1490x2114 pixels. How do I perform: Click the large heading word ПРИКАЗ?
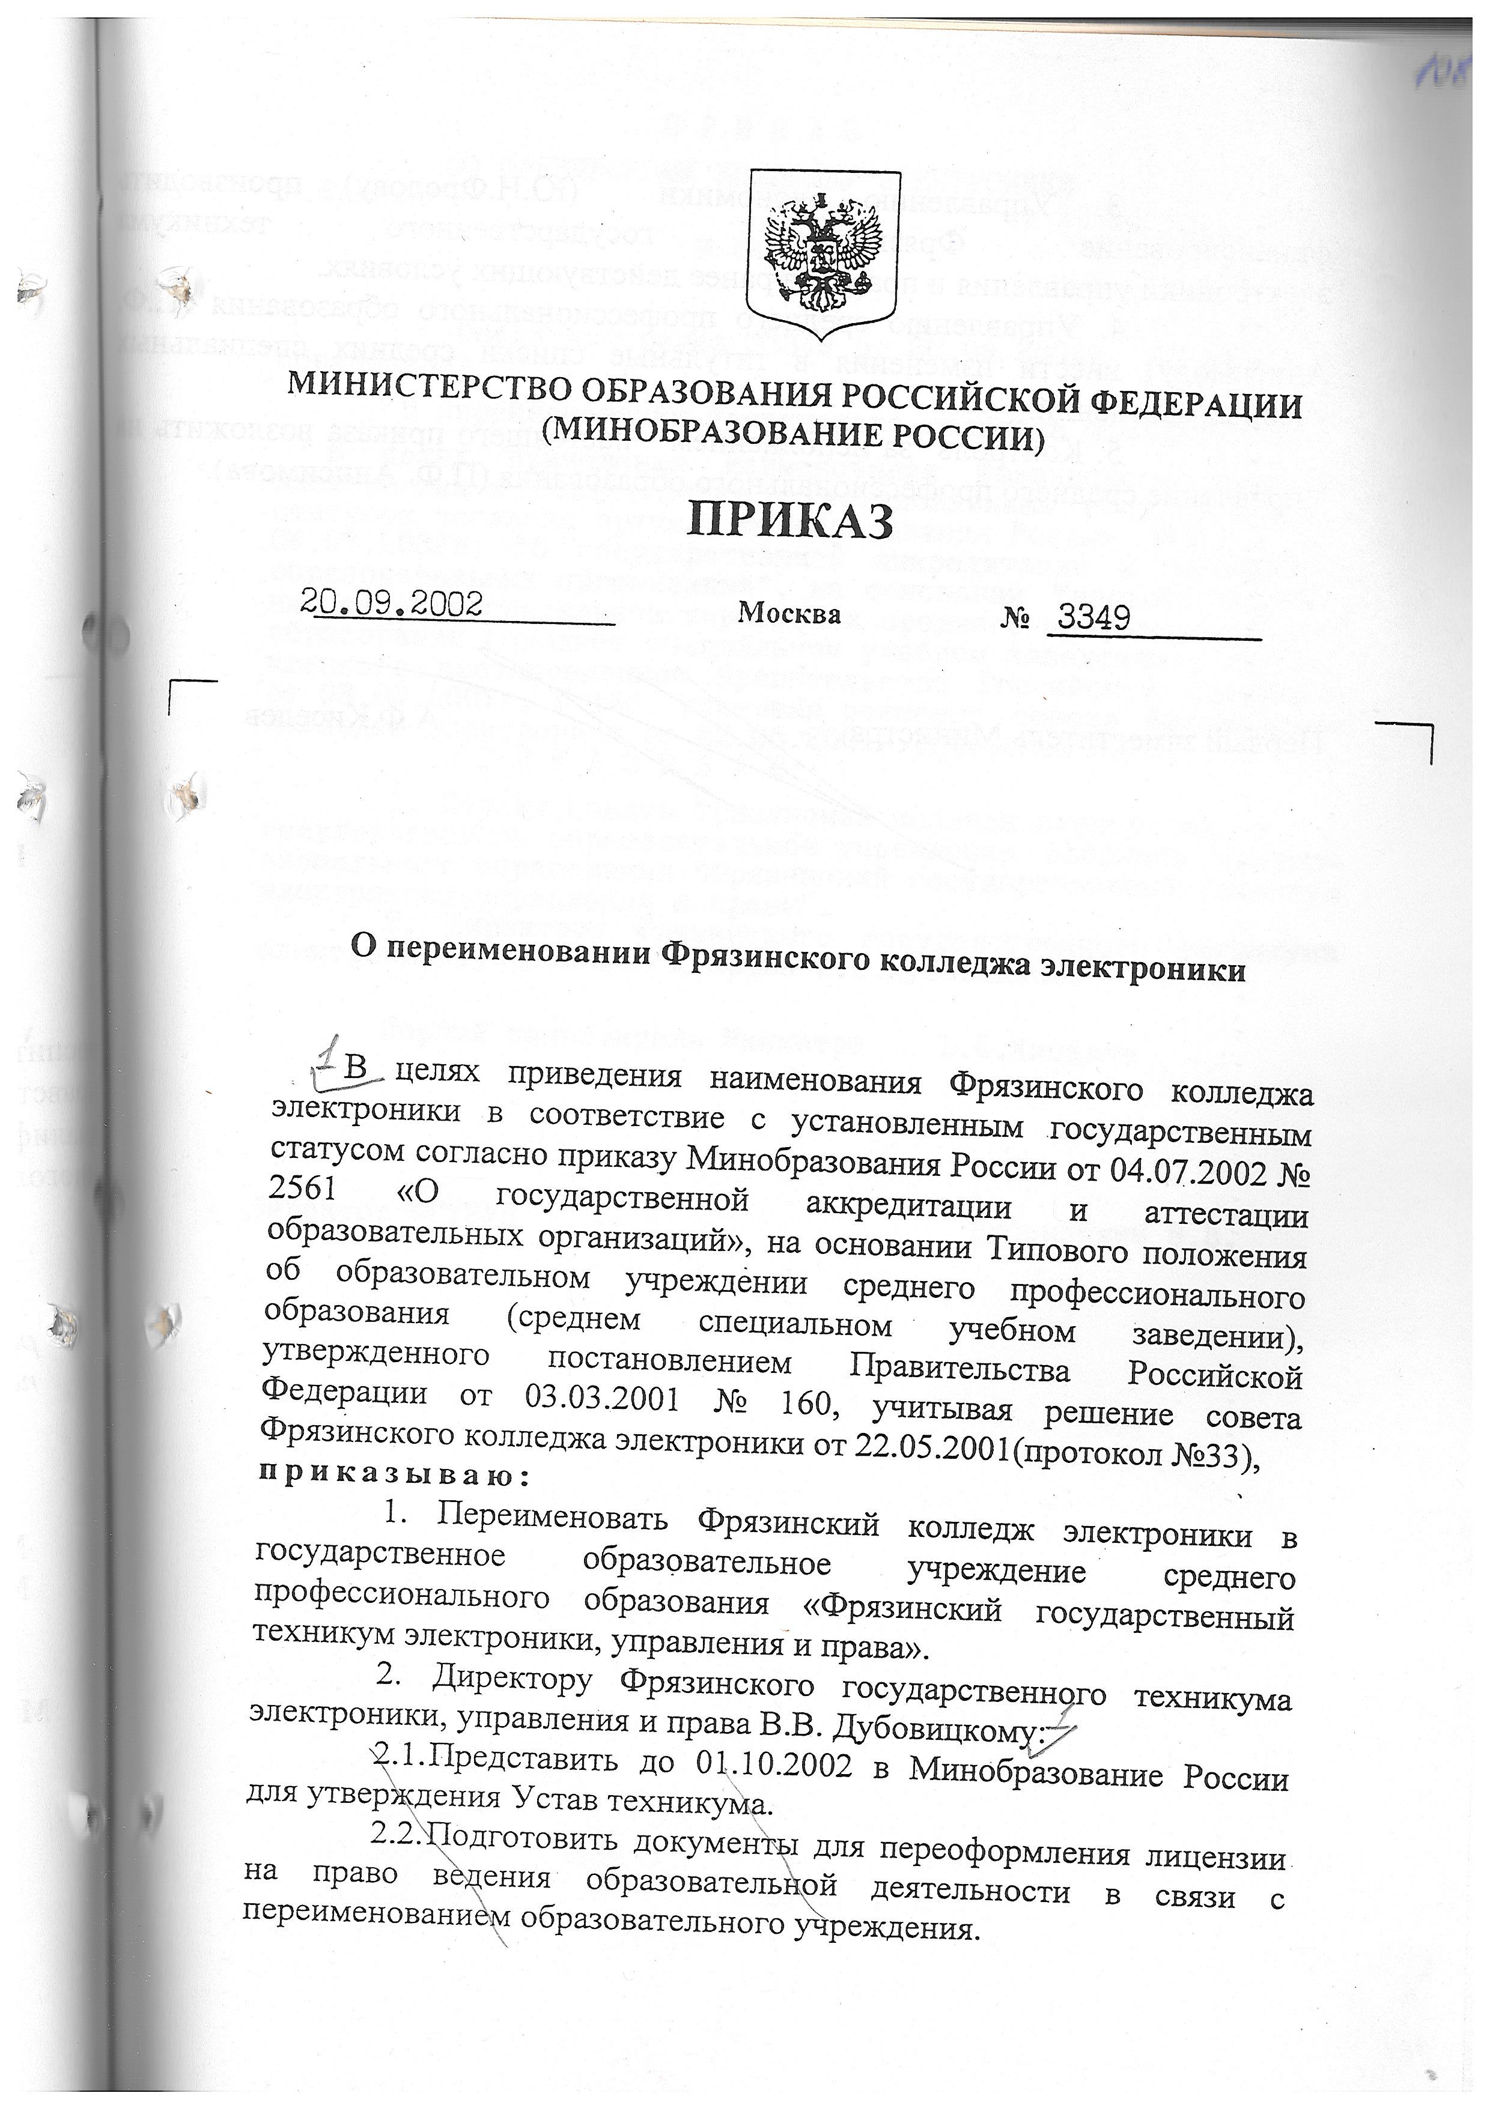[790, 521]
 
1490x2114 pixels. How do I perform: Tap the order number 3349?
[1093, 617]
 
